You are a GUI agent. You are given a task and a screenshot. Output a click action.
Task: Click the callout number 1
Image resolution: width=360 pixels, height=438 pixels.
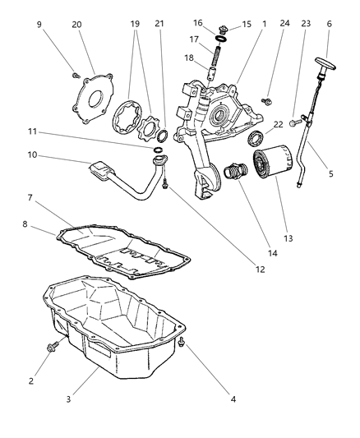point(263,24)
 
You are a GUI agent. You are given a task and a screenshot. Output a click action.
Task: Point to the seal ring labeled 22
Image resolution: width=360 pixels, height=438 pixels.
point(256,136)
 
